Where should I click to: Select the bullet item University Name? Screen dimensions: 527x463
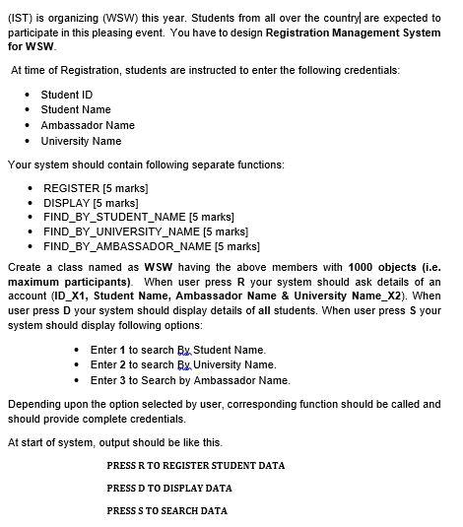point(81,141)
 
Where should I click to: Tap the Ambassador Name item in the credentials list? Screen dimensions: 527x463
point(88,125)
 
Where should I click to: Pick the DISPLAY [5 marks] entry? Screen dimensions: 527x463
point(92,202)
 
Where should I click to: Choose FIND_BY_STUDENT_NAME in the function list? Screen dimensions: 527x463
point(139,217)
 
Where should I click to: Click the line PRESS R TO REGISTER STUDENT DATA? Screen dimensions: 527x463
point(195,465)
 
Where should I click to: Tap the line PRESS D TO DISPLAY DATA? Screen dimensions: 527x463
point(168,488)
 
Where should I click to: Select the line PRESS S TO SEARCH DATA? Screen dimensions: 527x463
point(166,510)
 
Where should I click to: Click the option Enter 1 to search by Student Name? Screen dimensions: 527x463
point(177,350)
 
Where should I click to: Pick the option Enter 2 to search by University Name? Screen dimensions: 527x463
point(182,364)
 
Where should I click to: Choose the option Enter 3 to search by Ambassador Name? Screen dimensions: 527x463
point(190,380)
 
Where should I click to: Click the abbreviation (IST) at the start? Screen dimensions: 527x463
point(19,18)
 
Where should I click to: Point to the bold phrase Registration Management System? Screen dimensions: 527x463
point(354,33)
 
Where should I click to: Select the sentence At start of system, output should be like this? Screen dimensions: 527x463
point(115,441)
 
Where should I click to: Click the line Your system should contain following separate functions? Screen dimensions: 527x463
point(146,165)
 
